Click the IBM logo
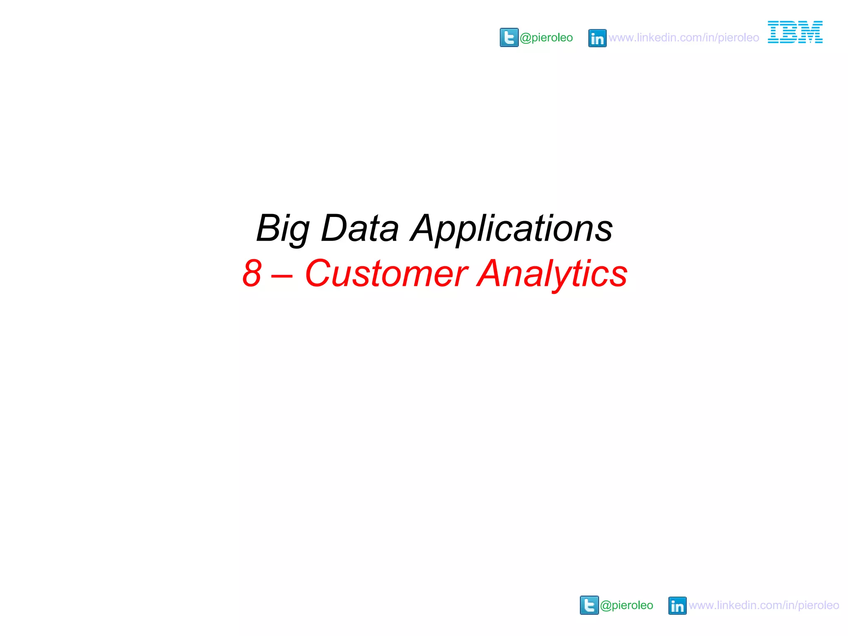(795, 32)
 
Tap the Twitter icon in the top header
(509, 38)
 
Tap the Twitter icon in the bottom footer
(589, 605)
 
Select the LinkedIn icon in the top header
(597, 38)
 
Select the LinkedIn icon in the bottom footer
(677, 606)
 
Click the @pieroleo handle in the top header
(546, 38)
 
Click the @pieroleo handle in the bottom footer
(626, 605)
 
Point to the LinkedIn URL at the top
(684, 38)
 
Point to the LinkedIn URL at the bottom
(764, 605)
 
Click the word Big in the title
(283, 229)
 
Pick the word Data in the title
(360, 229)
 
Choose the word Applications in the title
(512, 229)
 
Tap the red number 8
(252, 273)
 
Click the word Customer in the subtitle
(386, 273)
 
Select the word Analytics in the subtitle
(552, 273)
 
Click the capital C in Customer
(318, 273)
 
